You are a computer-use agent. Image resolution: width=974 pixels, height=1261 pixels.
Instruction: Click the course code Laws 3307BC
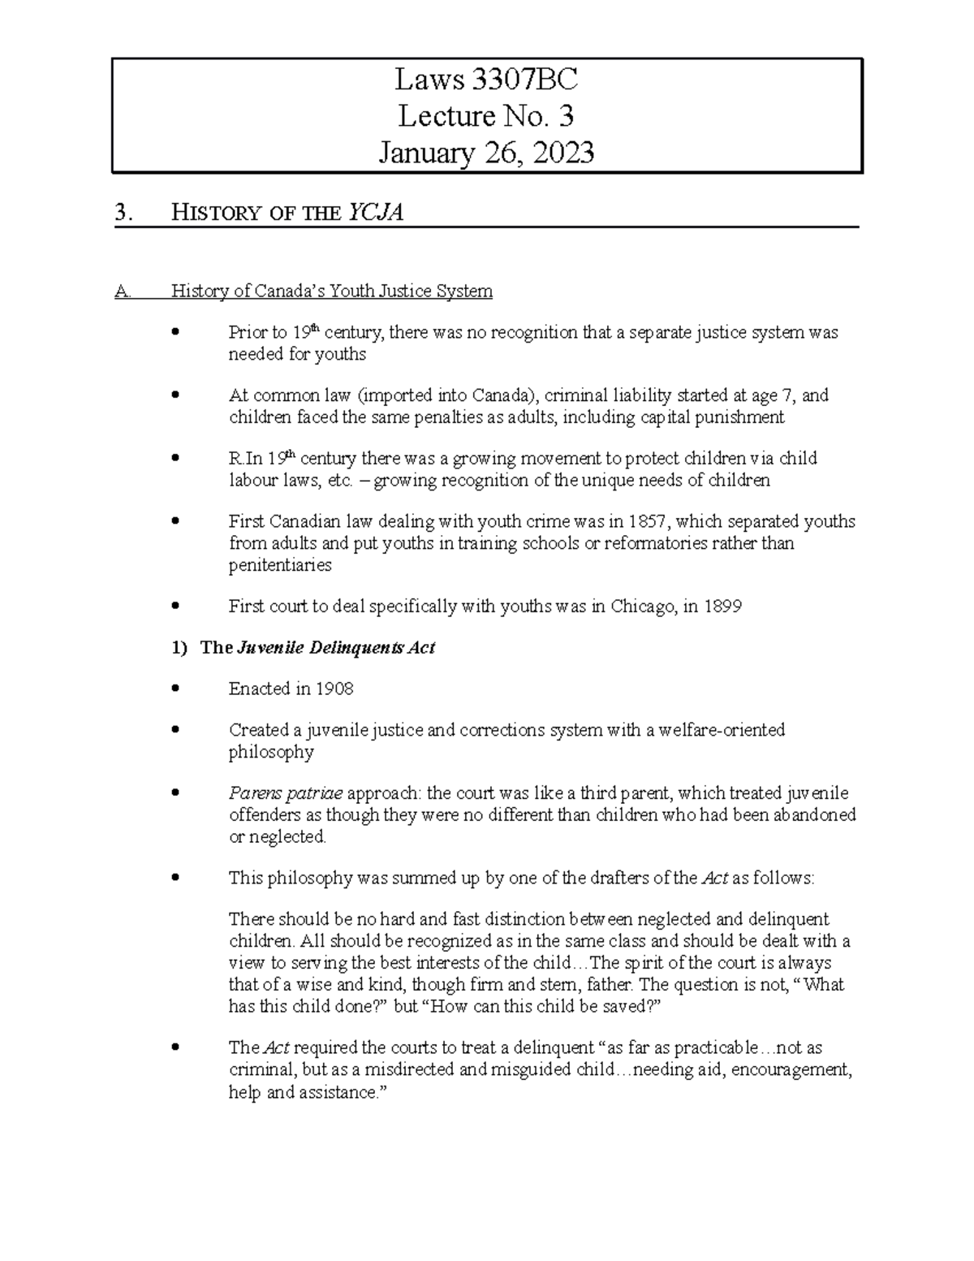pyautogui.click(x=485, y=80)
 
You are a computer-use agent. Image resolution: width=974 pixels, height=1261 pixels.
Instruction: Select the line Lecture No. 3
pyautogui.click(x=485, y=116)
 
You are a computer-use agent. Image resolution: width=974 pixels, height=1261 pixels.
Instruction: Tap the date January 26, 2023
pyautogui.click(x=485, y=152)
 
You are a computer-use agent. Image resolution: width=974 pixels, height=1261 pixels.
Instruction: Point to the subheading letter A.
pyautogui.click(x=123, y=291)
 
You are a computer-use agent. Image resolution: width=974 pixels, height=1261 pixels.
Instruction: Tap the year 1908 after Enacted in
pyautogui.click(x=334, y=689)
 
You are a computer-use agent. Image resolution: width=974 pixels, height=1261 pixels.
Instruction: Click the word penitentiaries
pyautogui.click(x=280, y=565)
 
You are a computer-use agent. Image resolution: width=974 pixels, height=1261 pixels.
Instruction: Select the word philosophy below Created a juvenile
pyautogui.click(x=271, y=752)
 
